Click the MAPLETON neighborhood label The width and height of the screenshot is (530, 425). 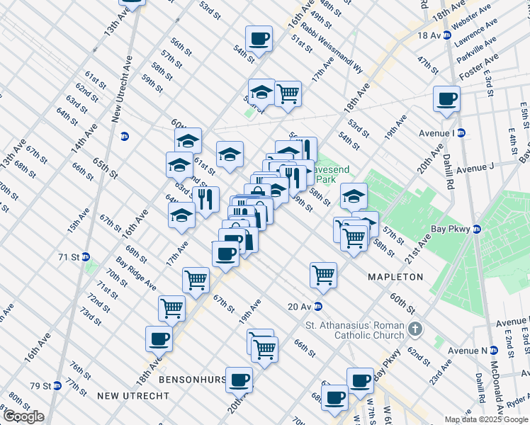(395, 277)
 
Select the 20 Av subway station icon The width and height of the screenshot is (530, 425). (318, 306)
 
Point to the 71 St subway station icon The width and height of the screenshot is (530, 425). (86, 256)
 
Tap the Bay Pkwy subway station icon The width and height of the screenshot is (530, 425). (477, 229)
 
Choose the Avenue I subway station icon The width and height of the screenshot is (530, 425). (461, 132)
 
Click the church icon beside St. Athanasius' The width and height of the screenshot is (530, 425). (415, 329)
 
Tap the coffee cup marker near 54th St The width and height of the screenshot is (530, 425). (259, 38)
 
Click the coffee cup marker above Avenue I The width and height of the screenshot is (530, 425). (446, 98)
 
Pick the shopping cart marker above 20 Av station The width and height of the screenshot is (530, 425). (323, 273)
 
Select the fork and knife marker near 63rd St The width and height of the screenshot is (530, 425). (205, 199)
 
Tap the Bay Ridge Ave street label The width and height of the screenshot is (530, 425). (137, 274)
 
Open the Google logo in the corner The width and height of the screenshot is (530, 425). (23, 416)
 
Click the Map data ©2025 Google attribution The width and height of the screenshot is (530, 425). (485, 419)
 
